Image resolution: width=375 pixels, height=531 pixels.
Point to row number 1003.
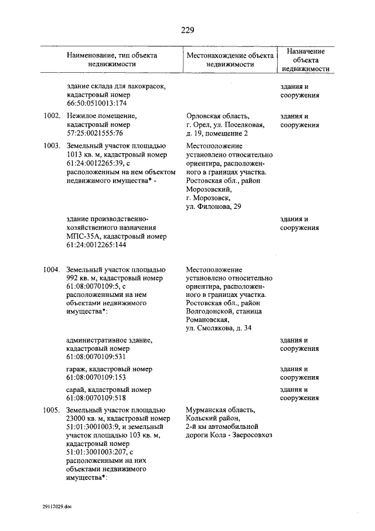point(52,146)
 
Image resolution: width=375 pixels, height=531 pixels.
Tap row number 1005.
point(52,410)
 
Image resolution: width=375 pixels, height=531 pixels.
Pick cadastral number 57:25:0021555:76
point(94,133)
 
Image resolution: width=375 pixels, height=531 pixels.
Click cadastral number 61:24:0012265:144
point(97,245)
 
